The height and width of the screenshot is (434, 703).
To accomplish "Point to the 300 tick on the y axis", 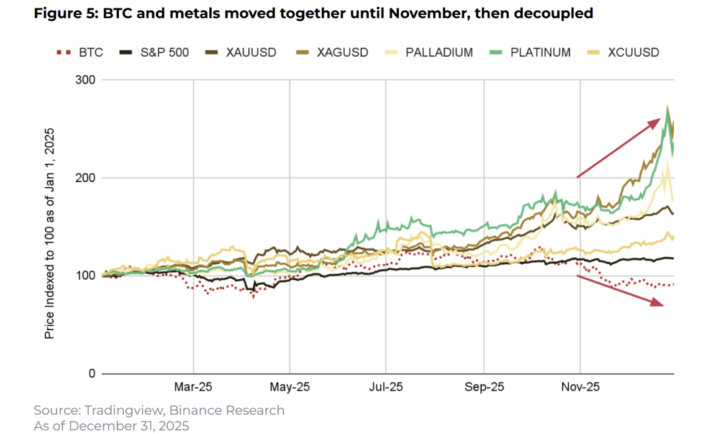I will pos(86,80).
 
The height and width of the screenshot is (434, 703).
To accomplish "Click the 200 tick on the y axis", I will pos(86,178).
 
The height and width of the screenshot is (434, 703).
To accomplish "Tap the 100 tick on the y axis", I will pos(86,275).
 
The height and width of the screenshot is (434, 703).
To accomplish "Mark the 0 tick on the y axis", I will pos(91,374).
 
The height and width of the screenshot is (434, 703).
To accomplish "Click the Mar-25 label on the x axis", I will pos(194,387).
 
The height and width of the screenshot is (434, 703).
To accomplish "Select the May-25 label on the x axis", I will pos(289,387).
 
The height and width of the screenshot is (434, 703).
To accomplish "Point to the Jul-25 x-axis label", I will pos(386,387).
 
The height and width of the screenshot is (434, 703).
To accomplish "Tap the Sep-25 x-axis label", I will pos(484,387).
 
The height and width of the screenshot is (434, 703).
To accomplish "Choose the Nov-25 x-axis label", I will pos(580,387).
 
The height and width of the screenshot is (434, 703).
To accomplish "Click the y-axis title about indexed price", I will pos(50,233).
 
